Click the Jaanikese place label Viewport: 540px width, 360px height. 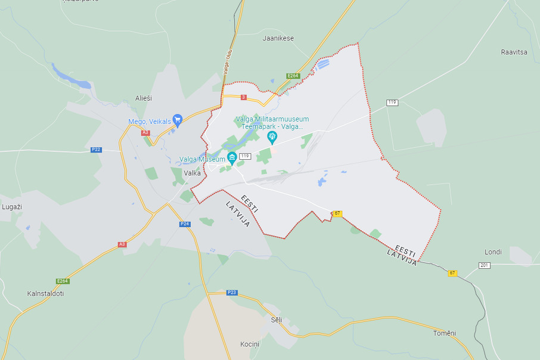tap(278, 38)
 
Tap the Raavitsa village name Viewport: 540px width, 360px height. tap(514, 52)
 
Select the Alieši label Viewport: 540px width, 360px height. tap(144, 98)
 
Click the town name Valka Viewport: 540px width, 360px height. tap(193, 173)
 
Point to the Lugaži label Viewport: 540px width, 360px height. tap(12, 206)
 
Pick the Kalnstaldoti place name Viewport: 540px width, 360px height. tap(45, 294)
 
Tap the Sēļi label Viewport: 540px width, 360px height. tap(276, 320)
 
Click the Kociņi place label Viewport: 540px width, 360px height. tap(250, 344)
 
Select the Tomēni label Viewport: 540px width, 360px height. tap(444, 333)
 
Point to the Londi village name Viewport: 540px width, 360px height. tap(493, 252)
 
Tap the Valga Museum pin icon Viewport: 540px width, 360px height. tap(232, 157)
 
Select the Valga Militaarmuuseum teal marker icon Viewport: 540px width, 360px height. tap(272, 136)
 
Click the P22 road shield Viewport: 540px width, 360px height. tap(96, 150)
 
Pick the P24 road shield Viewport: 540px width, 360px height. tap(185, 224)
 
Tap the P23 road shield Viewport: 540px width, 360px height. tap(232, 293)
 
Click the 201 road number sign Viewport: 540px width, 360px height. tap(484, 265)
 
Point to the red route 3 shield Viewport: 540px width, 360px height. tap(243, 97)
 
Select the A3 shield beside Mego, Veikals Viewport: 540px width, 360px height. tap(145, 132)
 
